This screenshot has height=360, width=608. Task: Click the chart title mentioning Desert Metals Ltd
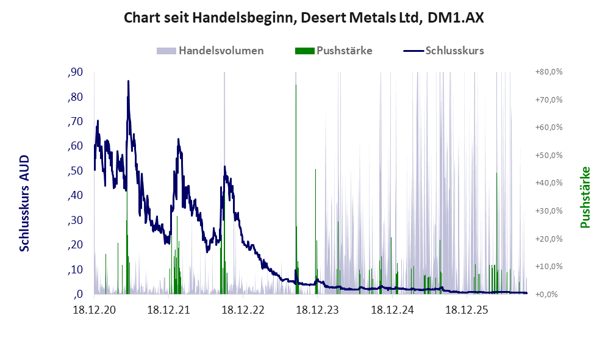[x=304, y=18]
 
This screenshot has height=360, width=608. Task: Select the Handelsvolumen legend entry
[x=210, y=51]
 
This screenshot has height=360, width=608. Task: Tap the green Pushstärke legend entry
[x=334, y=51]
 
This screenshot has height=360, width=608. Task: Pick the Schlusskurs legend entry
[x=443, y=51]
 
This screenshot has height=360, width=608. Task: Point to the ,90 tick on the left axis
[x=75, y=72]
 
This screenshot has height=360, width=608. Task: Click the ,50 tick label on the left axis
[x=75, y=171]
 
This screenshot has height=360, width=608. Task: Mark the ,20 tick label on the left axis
[x=75, y=245]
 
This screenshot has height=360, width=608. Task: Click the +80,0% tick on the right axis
[x=549, y=72]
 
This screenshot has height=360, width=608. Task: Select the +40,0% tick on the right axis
[x=549, y=182]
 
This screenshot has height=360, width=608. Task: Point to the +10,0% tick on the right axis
[x=549, y=267]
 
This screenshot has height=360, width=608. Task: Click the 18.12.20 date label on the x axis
[x=95, y=310]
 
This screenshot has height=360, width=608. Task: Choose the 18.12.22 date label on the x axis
[x=243, y=310]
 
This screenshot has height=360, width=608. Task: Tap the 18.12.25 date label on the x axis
[x=467, y=310]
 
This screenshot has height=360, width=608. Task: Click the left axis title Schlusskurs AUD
[x=24, y=203]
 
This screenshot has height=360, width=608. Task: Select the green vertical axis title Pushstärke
[x=585, y=198]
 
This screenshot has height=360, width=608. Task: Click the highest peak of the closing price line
[x=128, y=81]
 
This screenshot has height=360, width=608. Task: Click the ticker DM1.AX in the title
[x=456, y=18]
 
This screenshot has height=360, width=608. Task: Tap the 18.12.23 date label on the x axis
[x=318, y=310]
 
